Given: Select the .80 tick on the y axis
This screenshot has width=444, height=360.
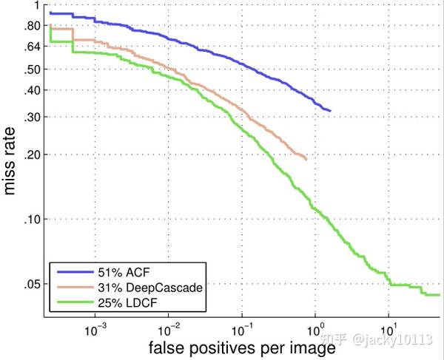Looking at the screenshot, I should (32, 26).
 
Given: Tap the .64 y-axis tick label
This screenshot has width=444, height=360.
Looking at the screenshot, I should (32, 47).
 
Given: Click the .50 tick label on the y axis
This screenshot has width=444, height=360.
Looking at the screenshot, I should (32, 69).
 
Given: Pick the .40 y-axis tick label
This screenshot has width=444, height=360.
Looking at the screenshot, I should (32, 90).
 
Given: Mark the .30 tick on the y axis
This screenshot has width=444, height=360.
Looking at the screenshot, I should (32, 117).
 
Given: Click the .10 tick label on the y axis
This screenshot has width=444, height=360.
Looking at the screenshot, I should (32, 220).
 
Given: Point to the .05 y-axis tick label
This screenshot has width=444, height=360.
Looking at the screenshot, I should (32, 285).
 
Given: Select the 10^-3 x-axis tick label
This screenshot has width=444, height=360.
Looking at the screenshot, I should (95, 326).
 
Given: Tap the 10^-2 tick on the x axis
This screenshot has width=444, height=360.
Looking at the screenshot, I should (169, 326).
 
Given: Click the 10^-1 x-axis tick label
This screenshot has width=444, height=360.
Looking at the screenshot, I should (242, 326).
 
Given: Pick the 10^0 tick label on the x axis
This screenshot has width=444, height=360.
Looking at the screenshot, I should (316, 326).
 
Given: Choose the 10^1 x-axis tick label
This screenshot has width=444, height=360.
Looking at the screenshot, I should (389, 326).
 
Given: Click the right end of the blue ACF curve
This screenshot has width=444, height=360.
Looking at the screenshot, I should (331, 111).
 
